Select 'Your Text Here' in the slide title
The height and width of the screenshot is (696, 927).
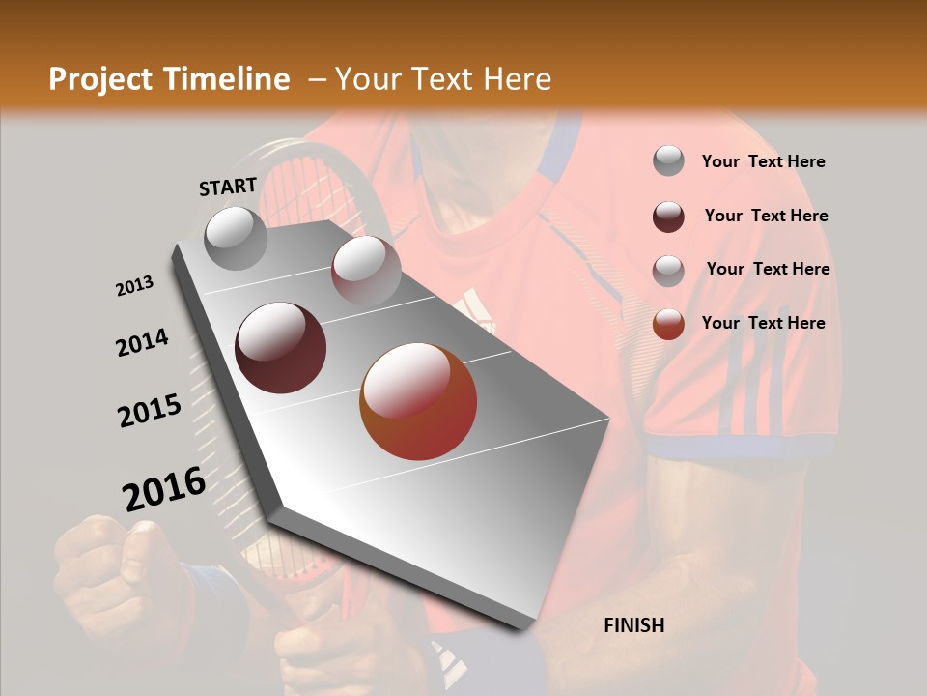(x=443, y=79)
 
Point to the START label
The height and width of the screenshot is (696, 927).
(x=228, y=187)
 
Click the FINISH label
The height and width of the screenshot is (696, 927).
(x=633, y=625)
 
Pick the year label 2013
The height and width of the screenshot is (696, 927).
(x=134, y=286)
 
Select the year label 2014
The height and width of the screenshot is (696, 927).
(x=142, y=343)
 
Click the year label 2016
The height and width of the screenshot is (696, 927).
(x=164, y=489)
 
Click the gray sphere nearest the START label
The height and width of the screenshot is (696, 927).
(x=237, y=238)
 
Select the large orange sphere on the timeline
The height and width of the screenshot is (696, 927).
(x=418, y=401)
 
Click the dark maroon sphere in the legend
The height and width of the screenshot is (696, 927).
(x=668, y=217)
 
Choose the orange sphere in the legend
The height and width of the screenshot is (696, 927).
(x=668, y=324)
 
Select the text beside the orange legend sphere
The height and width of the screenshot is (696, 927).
(x=763, y=323)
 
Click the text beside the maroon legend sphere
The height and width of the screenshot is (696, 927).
(x=766, y=216)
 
